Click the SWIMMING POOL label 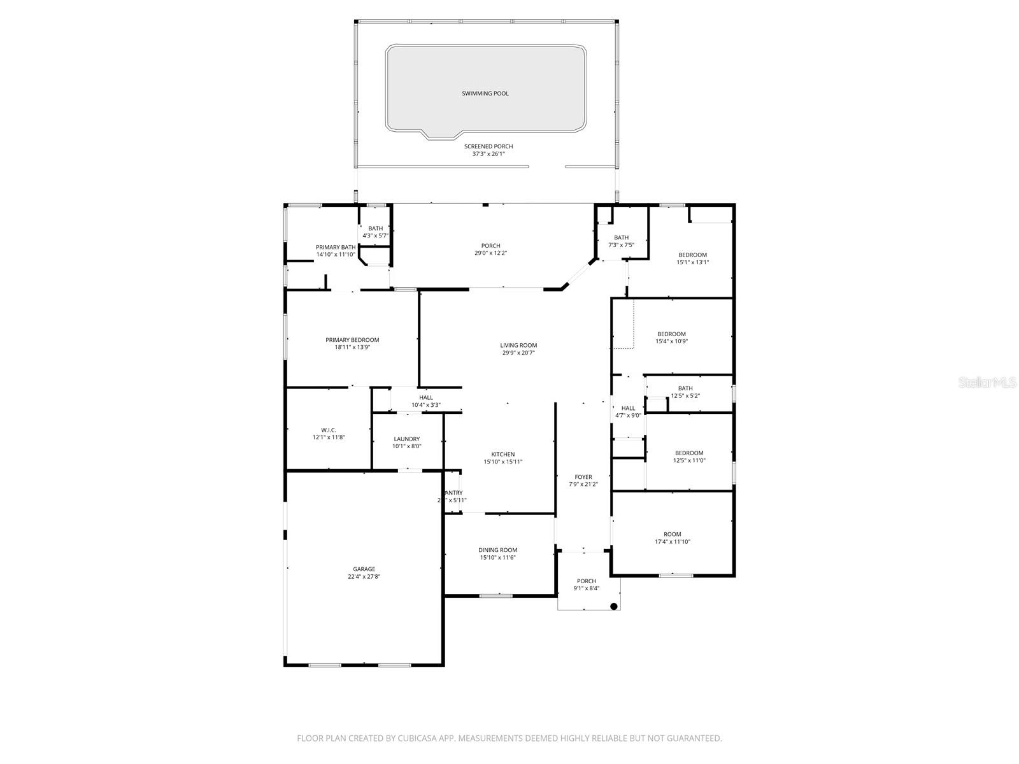tap(485, 94)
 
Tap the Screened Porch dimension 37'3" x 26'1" tap(488, 153)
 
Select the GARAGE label tap(364, 569)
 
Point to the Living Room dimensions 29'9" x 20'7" tap(518, 353)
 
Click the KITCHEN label tap(503, 455)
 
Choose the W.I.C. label tap(329, 430)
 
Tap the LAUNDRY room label tap(407, 439)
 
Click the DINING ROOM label tap(498, 550)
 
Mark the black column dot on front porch tap(614, 607)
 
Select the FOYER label tap(583, 477)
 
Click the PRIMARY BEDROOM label tap(352, 340)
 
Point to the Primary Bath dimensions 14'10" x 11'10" tap(336, 255)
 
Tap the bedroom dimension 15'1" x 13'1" tap(692, 262)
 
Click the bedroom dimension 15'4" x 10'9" tap(671, 341)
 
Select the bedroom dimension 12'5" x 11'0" tap(689, 460)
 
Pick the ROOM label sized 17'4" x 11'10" tap(673, 534)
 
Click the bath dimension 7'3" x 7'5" tap(621, 245)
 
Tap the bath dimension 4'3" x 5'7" tap(375, 236)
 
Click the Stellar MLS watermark tap(987, 383)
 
